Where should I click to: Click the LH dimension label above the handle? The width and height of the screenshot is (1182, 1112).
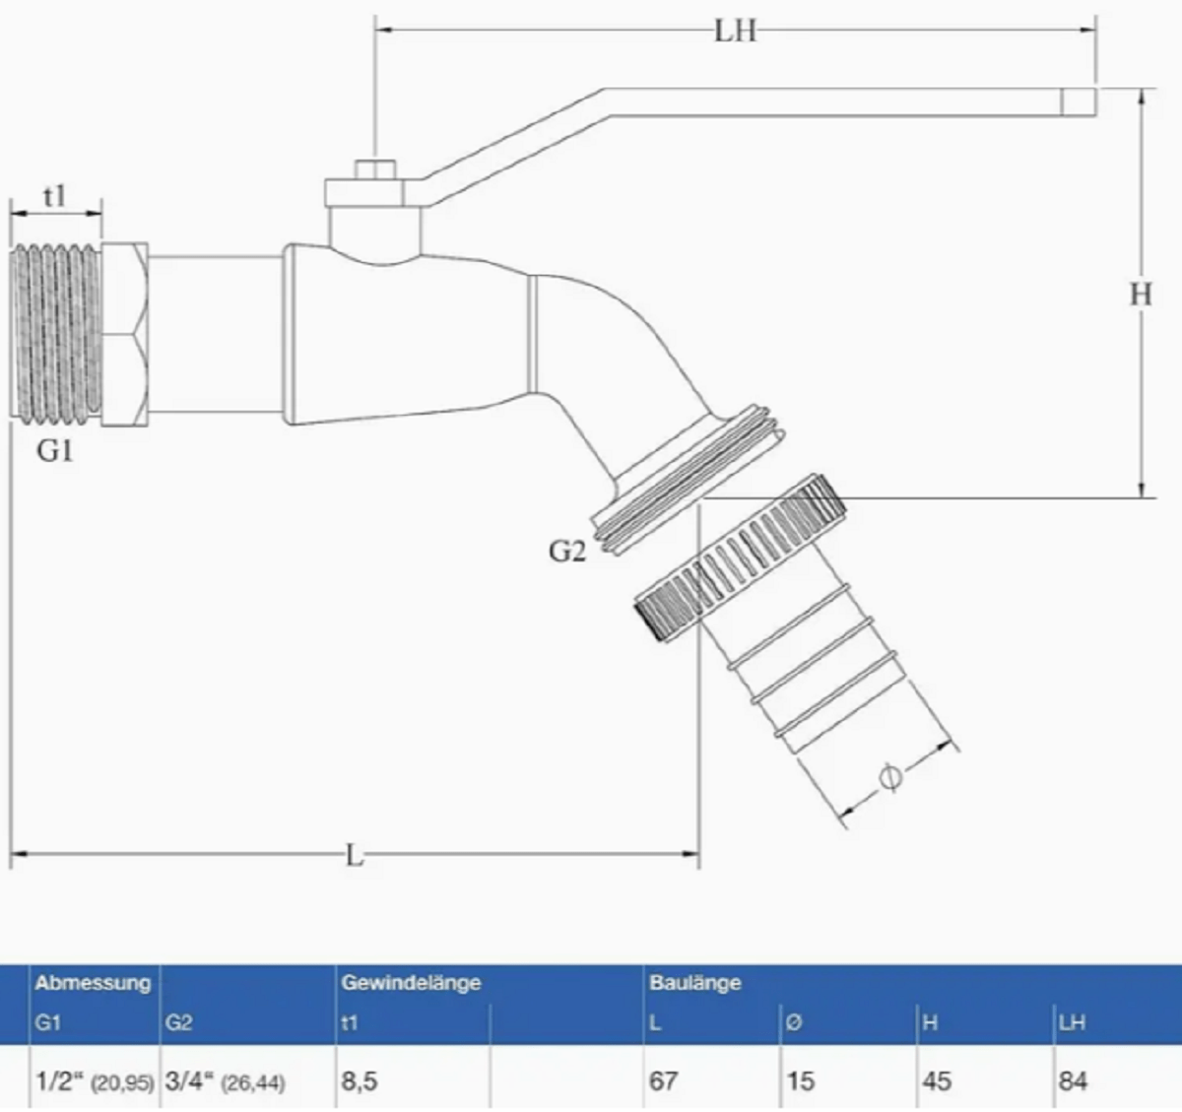coord(735,31)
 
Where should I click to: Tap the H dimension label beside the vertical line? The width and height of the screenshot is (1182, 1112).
coord(1140,294)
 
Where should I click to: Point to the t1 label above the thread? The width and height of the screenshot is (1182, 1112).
coord(55,196)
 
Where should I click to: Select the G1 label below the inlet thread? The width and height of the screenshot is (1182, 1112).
coord(55,451)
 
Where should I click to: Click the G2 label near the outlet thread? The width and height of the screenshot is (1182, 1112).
coord(566,552)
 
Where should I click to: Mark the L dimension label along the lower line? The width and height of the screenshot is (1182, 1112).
coord(355,855)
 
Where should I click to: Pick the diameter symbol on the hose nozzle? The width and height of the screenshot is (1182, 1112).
coord(889,778)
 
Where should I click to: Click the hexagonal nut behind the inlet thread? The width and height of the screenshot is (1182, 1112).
coord(126,335)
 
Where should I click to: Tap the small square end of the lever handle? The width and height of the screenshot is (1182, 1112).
coord(1079,101)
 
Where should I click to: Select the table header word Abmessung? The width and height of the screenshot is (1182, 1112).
coord(93,982)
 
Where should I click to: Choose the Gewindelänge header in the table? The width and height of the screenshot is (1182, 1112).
coord(411,982)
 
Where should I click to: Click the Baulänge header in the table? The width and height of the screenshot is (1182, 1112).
coord(694,982)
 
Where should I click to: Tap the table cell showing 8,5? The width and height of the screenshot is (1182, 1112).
coord(360,1081)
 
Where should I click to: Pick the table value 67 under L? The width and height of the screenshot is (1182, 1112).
coord(663,1081)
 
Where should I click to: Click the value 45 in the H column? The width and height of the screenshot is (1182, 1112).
coord(936,1081)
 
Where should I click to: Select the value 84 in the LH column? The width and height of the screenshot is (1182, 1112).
coord(1072,1081)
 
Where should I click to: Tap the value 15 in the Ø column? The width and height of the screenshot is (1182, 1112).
coord(800,1081)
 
